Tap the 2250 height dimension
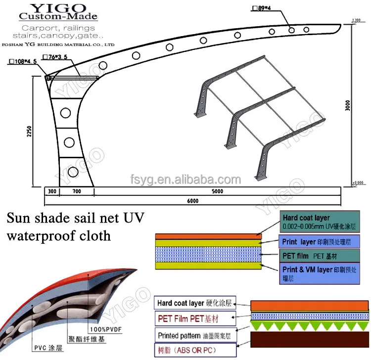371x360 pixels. (x=29, y=132)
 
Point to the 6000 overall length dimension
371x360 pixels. (x=192, y=201)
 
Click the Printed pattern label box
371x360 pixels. (x=194, y=335)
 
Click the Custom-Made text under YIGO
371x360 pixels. (x=58, y=17)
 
